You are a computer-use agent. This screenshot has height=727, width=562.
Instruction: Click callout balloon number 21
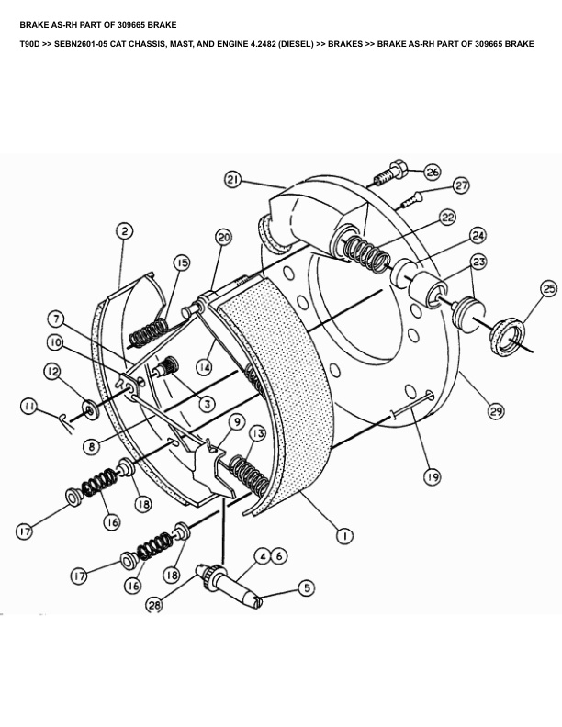coord(232,180)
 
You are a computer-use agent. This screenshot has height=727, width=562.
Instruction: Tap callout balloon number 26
coord(433,172)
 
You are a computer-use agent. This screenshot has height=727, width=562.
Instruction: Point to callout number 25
coord(548,289)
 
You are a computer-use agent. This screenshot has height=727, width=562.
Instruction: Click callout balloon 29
coord(496,411)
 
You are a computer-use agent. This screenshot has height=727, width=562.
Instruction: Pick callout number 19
coord(432,476)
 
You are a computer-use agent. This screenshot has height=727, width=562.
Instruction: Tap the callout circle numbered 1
coord(344,536)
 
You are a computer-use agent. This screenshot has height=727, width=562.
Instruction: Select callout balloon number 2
coord(125,231)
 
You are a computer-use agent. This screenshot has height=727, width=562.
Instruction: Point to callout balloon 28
coord(154,605)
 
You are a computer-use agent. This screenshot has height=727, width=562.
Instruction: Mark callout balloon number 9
coord(237,422)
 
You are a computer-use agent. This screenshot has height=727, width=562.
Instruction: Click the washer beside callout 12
coord(92,407)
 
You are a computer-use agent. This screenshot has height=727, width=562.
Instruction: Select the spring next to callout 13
coord(246,473)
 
